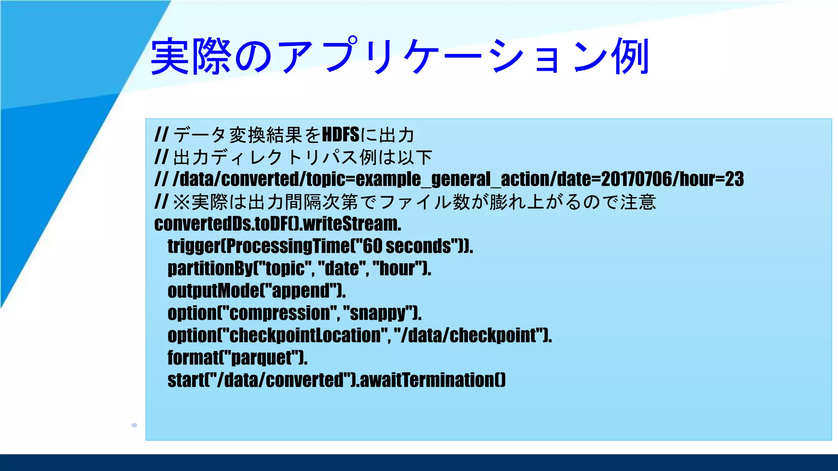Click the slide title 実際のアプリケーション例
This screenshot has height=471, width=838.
400,56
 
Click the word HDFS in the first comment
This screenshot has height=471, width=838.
340,135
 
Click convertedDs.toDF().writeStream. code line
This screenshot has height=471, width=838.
277,224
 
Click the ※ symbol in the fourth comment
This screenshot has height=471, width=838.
181,202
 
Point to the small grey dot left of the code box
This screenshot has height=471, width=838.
134,425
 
